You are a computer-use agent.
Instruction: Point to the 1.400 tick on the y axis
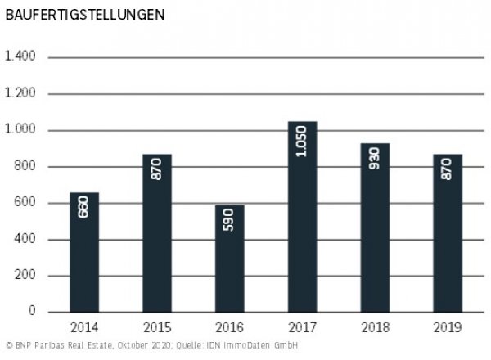(x=20, y=57)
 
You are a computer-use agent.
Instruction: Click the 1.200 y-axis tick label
(x=20, y=94)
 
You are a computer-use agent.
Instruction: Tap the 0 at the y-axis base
(x=32, y=312)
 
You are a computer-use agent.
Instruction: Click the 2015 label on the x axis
(x=157, y=328)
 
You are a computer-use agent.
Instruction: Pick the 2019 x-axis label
(x=448, y=328)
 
